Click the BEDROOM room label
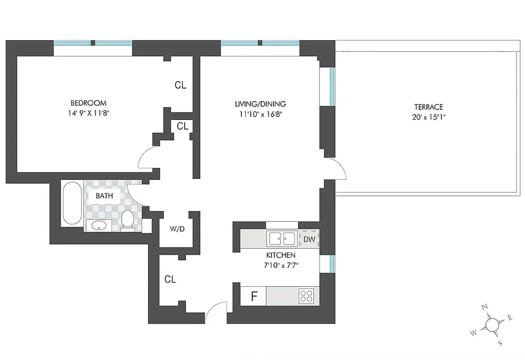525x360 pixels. coord(88,103)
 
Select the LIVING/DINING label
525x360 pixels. coord(260,104)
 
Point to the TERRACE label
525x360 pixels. coord(429,107)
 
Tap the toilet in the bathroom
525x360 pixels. coord(127,220)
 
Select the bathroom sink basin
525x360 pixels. coord(100,225)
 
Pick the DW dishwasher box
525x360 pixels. coord(309,239)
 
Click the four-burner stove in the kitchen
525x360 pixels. coord(307,296)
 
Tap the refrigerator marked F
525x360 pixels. coord(254,297)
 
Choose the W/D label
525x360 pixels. coord(177,229)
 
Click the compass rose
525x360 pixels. coord(493,324)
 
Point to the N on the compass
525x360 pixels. coord(484,307)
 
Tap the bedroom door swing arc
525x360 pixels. coord(147,159)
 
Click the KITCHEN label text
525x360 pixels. coord(281,255)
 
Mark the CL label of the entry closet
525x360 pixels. coord(170,279)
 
